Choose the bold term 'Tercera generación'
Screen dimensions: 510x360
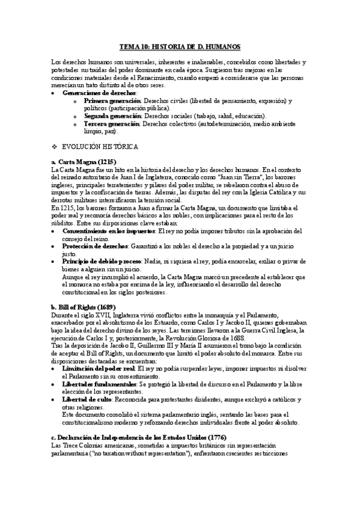click(x=112, y=123)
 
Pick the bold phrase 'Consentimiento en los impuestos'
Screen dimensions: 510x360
click(x=109, y=231)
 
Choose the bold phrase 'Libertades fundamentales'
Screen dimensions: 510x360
click(x=99, y=383)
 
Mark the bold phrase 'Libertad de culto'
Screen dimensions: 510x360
click(x=87, y=399)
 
